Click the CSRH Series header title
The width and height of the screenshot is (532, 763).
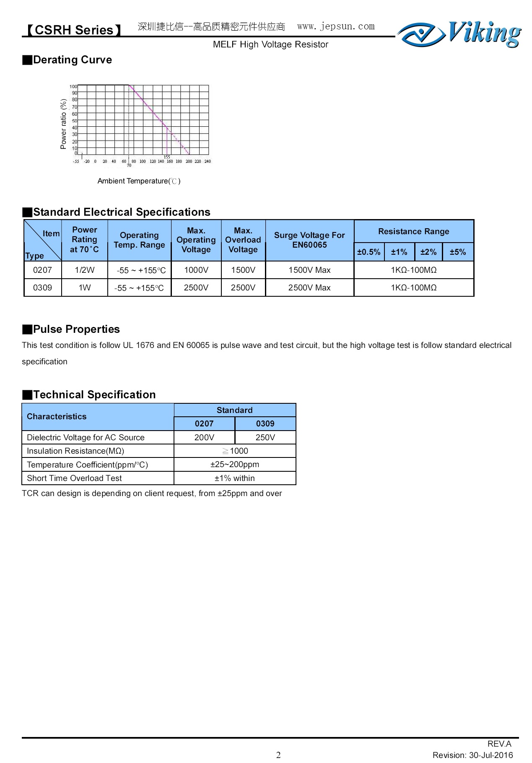(74, 30)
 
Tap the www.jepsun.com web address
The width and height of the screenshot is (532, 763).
(336, 26)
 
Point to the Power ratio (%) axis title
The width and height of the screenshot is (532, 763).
(64, 124)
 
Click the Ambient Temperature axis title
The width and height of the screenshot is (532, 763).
(139, 181)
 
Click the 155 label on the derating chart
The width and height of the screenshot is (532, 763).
(167, 157)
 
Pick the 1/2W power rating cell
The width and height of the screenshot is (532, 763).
(85, 270)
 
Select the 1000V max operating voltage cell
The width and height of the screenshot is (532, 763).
(196, 270)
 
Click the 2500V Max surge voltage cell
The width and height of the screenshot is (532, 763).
(309, 287)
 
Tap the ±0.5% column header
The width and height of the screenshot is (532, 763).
(369, 252)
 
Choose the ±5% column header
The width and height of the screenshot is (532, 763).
(458, 252)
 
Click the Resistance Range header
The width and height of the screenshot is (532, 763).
(413, 231)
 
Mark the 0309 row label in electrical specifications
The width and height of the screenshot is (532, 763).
(42, 287)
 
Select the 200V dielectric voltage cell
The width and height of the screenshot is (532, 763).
(204, 437)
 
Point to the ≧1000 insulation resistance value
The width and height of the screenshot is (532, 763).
(235, 451)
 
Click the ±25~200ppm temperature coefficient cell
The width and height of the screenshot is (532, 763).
(235, 465)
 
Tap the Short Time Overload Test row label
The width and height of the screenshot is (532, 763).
(74, 478)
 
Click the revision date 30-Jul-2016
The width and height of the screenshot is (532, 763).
(491, 755)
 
